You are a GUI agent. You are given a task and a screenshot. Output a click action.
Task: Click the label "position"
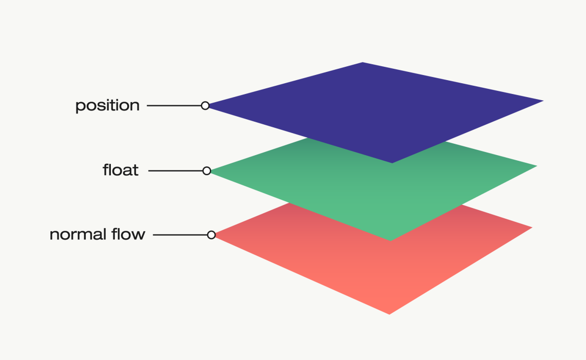[x=107, y=106]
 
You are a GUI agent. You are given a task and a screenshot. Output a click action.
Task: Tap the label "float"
[x=121, y=170]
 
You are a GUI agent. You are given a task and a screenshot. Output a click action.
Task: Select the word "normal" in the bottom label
[x=78, y=235]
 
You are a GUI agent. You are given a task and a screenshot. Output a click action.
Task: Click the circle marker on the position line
[x=205, y=106]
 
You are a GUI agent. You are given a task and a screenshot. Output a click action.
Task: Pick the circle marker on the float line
[x=207, y=170]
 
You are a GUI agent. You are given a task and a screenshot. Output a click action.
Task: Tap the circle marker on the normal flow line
[x=211, y=235]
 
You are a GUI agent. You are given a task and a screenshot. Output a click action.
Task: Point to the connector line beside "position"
[x=174, y=106]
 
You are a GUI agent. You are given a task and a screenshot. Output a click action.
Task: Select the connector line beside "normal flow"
[x=180, y=235]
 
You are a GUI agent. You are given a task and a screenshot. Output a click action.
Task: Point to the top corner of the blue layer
[x=363, y=63]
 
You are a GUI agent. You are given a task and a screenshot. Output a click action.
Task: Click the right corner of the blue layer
[x=541, y=101]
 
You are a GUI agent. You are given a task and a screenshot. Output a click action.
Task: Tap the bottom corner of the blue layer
[x=392, y=162]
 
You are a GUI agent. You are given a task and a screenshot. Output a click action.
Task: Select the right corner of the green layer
[x=535, y=166]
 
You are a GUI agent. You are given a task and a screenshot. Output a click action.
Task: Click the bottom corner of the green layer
[x=390, y=240]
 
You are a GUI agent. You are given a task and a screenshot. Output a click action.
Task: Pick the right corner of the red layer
[x=531, y=228]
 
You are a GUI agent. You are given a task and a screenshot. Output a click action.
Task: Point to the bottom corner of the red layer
[x=389, y=313]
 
